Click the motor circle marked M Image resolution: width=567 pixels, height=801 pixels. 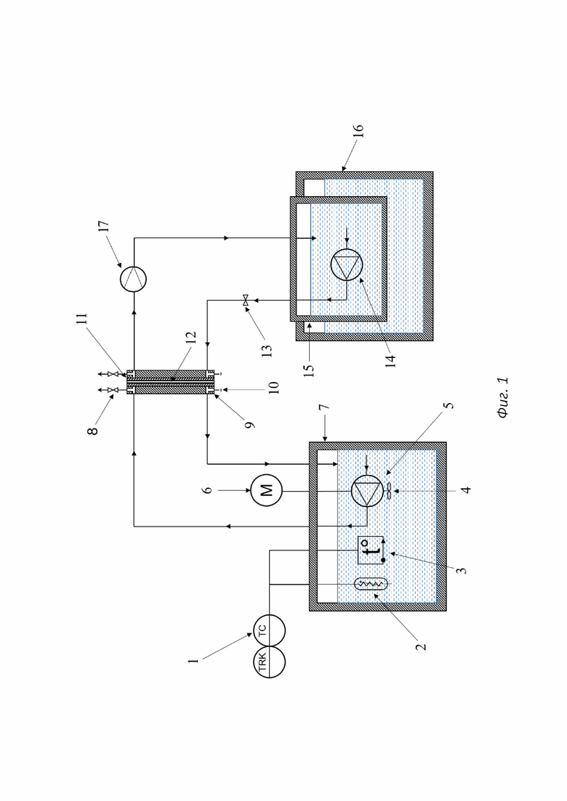point(266,490)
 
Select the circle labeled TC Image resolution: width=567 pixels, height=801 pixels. point(270,630)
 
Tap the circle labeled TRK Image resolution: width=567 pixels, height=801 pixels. point(270,662)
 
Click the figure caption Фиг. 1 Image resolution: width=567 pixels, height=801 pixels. point(503,397)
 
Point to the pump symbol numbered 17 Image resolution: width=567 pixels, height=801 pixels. point(134,279)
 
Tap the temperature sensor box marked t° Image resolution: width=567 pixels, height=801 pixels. point(371,550)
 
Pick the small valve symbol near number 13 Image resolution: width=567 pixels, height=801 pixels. point(246,301)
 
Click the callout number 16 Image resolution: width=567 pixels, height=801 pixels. point(358,130)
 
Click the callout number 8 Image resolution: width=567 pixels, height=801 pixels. point(94,430)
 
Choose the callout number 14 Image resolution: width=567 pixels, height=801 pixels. point(390,359)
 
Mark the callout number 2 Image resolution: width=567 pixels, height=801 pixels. point(421,646)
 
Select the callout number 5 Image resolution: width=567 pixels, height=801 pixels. point(449,406)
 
